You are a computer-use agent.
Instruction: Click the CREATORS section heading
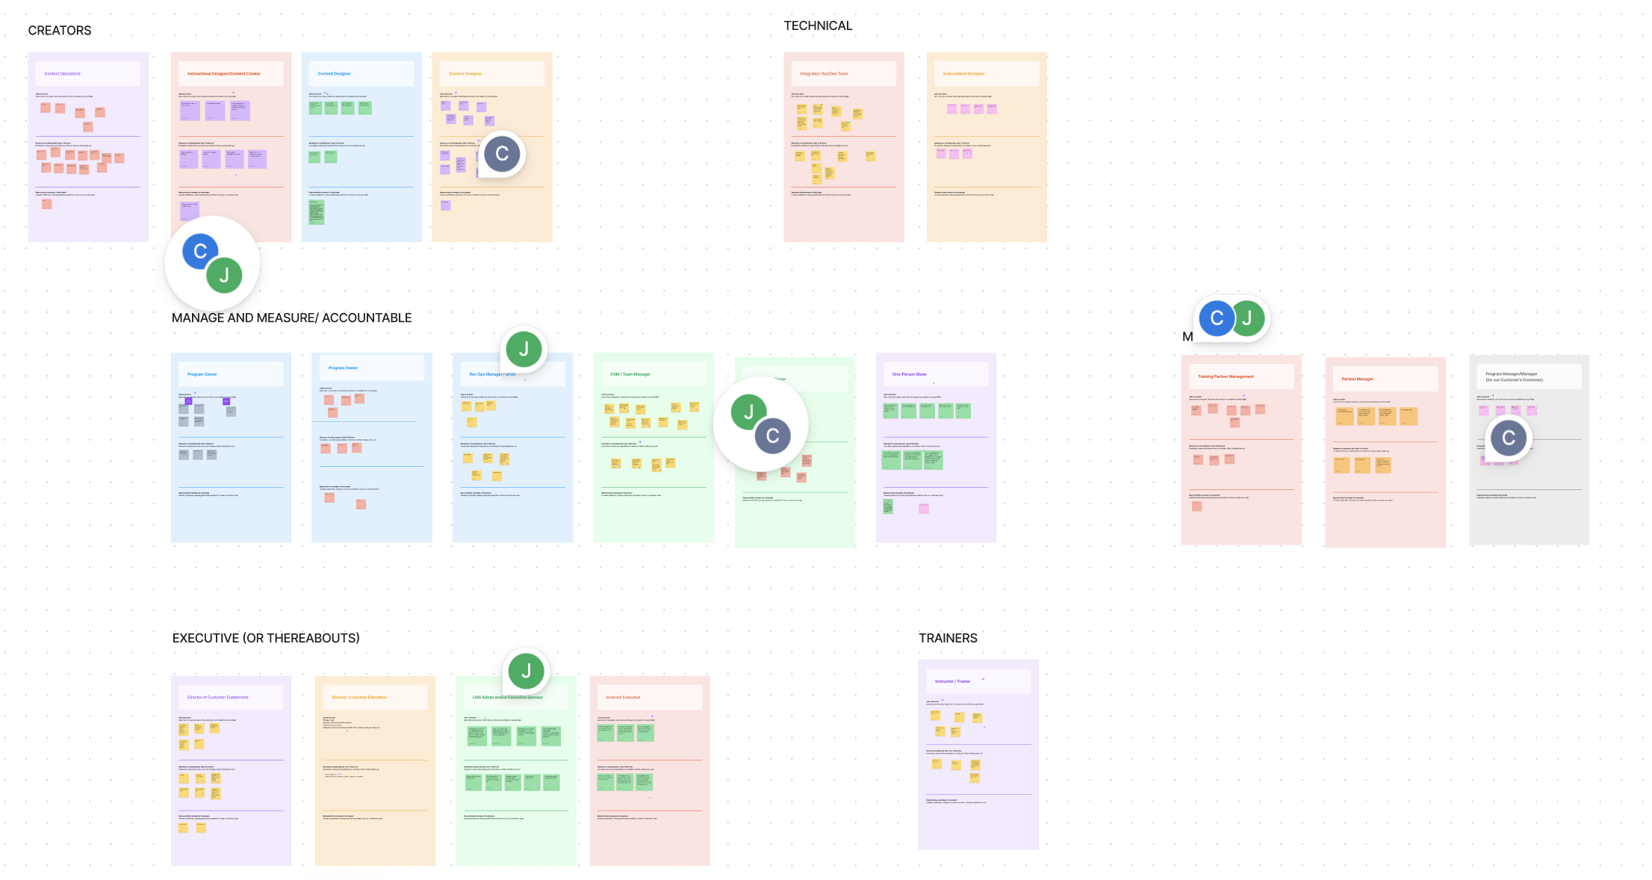pos(60,31)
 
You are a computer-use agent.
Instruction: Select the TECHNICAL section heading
pos(818,26)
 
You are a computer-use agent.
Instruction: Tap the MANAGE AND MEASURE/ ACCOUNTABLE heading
pos(291,318)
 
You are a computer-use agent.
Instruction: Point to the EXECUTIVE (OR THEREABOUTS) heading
pos(266,638)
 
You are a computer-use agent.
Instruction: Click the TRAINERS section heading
pos(948,638)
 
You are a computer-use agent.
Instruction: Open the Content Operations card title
pos(63,74)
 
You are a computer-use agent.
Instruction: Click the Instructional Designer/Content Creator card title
pos(224,74)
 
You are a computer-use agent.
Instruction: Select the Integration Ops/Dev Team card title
pos(824,74)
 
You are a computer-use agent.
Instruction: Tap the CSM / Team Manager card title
pos(630,374)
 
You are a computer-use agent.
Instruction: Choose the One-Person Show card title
pos(909,374)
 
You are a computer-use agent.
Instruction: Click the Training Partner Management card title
pos(1226,377)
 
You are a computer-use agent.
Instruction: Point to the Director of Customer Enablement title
pos(217,697)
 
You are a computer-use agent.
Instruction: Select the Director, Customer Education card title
pos(359,697)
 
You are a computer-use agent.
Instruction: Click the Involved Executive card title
pos(623,697)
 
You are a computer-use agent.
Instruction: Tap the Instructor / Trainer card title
pos(952,681)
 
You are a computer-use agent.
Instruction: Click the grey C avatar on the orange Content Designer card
pos(502,154)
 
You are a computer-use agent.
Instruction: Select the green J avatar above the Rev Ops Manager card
pos(524,349)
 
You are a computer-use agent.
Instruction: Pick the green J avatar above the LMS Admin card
pos(526,671)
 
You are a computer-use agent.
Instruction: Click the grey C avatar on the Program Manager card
pos(1509,438)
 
